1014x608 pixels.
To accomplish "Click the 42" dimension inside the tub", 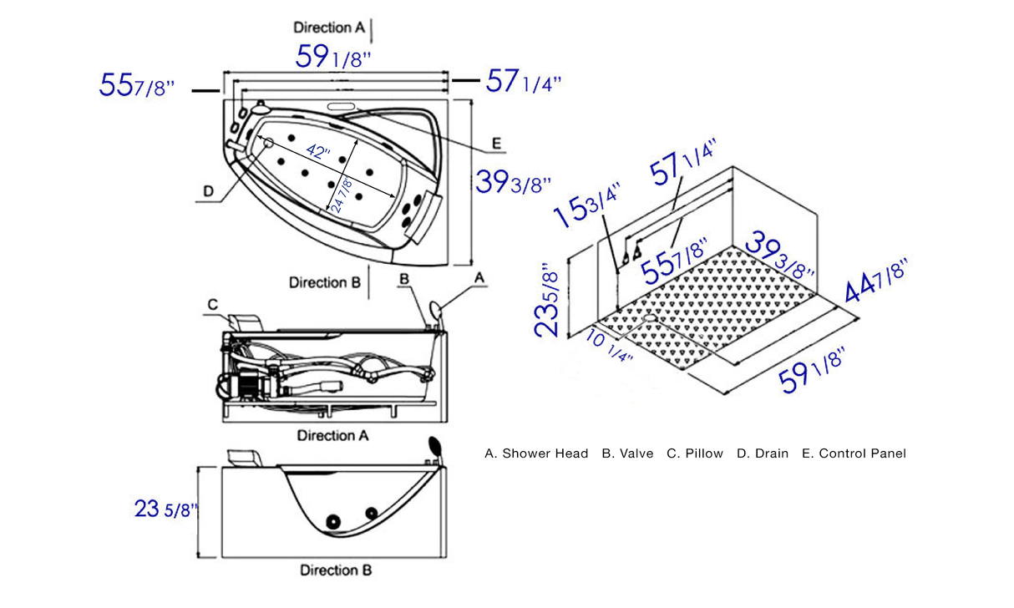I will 318,154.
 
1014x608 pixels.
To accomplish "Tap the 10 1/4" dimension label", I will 607,344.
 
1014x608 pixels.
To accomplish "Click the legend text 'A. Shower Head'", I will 535,453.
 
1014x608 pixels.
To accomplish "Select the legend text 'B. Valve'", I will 627,453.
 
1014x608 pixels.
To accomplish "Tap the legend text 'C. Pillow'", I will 695,453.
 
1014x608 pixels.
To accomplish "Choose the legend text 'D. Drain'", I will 763,453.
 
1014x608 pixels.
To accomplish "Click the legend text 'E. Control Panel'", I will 854,453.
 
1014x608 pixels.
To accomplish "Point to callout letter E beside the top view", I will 496,144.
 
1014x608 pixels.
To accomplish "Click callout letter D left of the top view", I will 209,192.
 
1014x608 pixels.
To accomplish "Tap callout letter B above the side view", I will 404,278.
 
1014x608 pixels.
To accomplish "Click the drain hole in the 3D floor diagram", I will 650,317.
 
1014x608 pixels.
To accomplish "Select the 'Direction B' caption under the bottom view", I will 336,570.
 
